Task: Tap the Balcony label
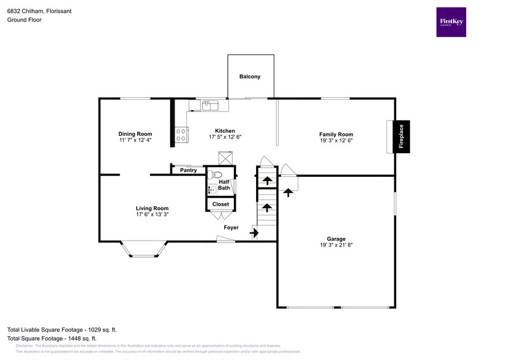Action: point(250,77)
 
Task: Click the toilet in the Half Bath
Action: point(214,175)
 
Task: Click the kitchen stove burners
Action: point(181,135)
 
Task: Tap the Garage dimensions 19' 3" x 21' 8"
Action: point(336,245)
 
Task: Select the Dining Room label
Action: point(135,134)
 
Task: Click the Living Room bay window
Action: point(144,249)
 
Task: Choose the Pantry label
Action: point(188,171)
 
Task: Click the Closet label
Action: point(220,204)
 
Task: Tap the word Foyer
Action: point(230,227)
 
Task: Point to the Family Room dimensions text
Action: point(336,140)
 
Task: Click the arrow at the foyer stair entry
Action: point(254,232)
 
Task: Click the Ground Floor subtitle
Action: point(23,20)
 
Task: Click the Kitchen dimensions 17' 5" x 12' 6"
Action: point(225,137)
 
